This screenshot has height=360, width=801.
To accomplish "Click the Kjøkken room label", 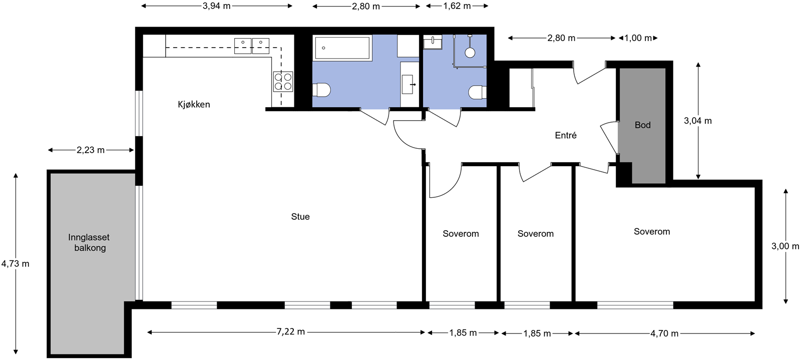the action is point(194,104).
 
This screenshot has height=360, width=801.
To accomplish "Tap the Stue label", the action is point(300,217).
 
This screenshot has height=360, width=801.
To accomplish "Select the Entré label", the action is point(566,135).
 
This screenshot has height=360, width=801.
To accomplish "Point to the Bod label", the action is point(643,125).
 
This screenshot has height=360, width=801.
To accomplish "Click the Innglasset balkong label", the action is point(89,242).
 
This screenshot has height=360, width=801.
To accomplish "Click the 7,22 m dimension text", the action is point(291,332).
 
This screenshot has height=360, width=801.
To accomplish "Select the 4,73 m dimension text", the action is point(16,264).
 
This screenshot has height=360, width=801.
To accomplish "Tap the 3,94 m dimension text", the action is point(217,6).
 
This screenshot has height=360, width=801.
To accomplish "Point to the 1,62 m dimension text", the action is point(457,6).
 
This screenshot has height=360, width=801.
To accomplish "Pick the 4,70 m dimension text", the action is point(664,333).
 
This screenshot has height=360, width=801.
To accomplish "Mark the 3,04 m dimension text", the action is point(698,121).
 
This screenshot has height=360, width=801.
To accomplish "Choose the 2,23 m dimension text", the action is point(91,150).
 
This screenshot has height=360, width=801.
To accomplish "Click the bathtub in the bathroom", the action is point(342,48).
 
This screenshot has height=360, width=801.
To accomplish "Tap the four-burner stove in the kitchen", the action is point(283,82).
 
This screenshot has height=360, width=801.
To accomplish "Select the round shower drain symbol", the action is point(470,53).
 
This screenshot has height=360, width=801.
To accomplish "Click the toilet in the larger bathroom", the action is point(321,90).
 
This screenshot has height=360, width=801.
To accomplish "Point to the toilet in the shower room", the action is point(478,92).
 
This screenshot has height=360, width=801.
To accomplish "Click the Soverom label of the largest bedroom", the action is point(652,232).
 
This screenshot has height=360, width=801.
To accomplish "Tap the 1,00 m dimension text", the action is point(638,38).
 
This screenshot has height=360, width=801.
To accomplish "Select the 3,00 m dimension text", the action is point(785,246).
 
